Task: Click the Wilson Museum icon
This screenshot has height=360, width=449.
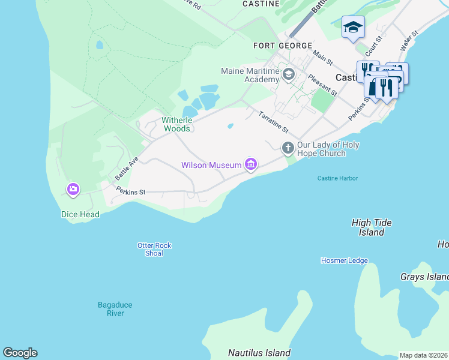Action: point(251,164)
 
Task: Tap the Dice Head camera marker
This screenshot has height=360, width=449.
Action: point(73,190)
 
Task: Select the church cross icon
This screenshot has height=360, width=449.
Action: point(288,147)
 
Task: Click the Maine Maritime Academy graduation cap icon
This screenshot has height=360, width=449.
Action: point(289,75)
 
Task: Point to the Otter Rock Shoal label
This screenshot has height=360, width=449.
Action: point(154,249)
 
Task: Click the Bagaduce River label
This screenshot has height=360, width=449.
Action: point(115,309)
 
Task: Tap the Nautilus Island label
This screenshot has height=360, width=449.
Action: point(259,353)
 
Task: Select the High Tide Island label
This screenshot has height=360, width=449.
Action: point(372,227)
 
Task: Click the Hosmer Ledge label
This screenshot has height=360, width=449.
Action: point(344,260)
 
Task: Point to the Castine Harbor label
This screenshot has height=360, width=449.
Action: point(337,178)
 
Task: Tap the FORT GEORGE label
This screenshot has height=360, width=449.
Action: point(283,46)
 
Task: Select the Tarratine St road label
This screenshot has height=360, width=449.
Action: point(274,122)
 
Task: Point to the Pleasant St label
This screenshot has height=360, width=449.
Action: point(322,85)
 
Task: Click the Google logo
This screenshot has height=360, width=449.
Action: point(20,353)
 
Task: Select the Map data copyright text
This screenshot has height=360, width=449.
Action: point(423,355)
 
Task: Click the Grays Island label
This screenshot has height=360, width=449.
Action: point(424,277)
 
